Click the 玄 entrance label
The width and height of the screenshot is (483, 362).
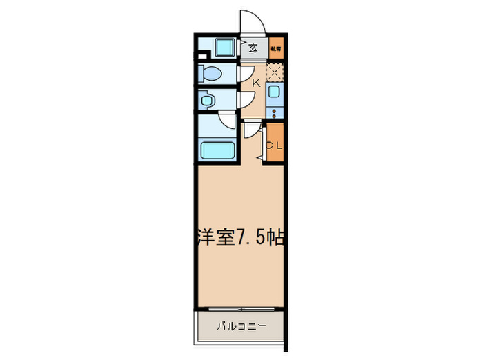point(253,48)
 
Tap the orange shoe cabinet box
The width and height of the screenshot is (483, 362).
point(276,48)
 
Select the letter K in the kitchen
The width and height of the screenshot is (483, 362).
point(256,83)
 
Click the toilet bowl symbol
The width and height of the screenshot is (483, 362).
point(212,74)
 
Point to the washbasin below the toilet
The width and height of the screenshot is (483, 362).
point(207,101)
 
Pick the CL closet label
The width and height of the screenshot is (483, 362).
point(275,145)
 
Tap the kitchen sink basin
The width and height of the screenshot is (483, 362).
point(275,93)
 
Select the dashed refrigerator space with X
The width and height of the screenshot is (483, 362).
point(275,71)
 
